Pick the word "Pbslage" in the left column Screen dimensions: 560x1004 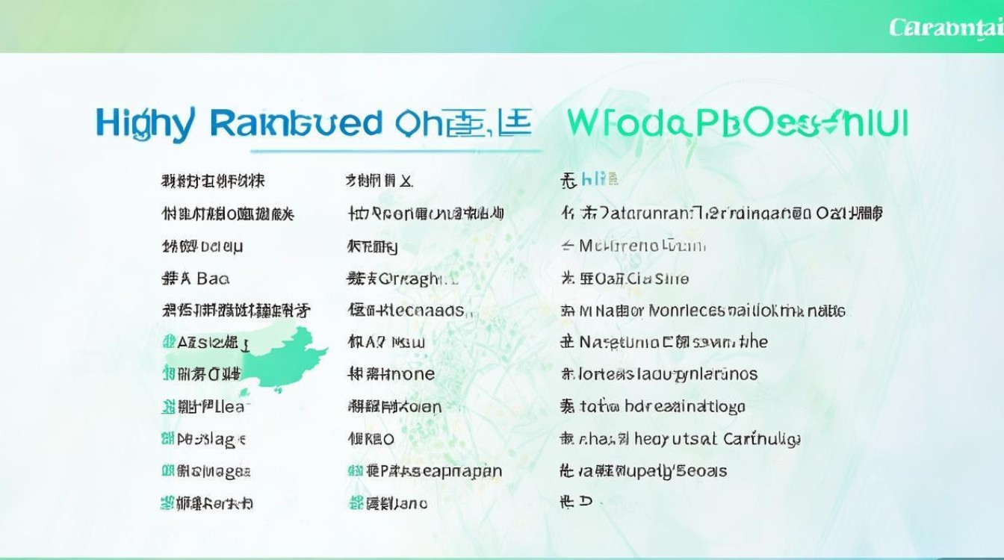pyautogui.click(x=211, y=439)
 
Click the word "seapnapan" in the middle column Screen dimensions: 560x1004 pyautogui.click(x=456, y=471)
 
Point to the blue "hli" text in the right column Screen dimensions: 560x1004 pyautogui.click(x=594, y=180)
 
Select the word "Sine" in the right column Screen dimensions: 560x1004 pyautogui.click(x=671, y=279)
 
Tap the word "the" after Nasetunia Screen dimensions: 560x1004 pyautogui.click(x=754, y=342)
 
